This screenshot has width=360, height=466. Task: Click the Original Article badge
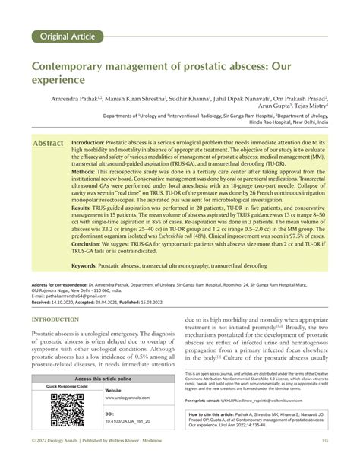click(x=66, y=36)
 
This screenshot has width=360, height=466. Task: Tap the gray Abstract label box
click(x=48, y=143)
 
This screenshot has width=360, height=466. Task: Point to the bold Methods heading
click(x=85, y=173)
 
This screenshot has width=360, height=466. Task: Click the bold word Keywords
click(x=89, y=265)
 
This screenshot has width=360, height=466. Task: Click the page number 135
click(x=324, y=461)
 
